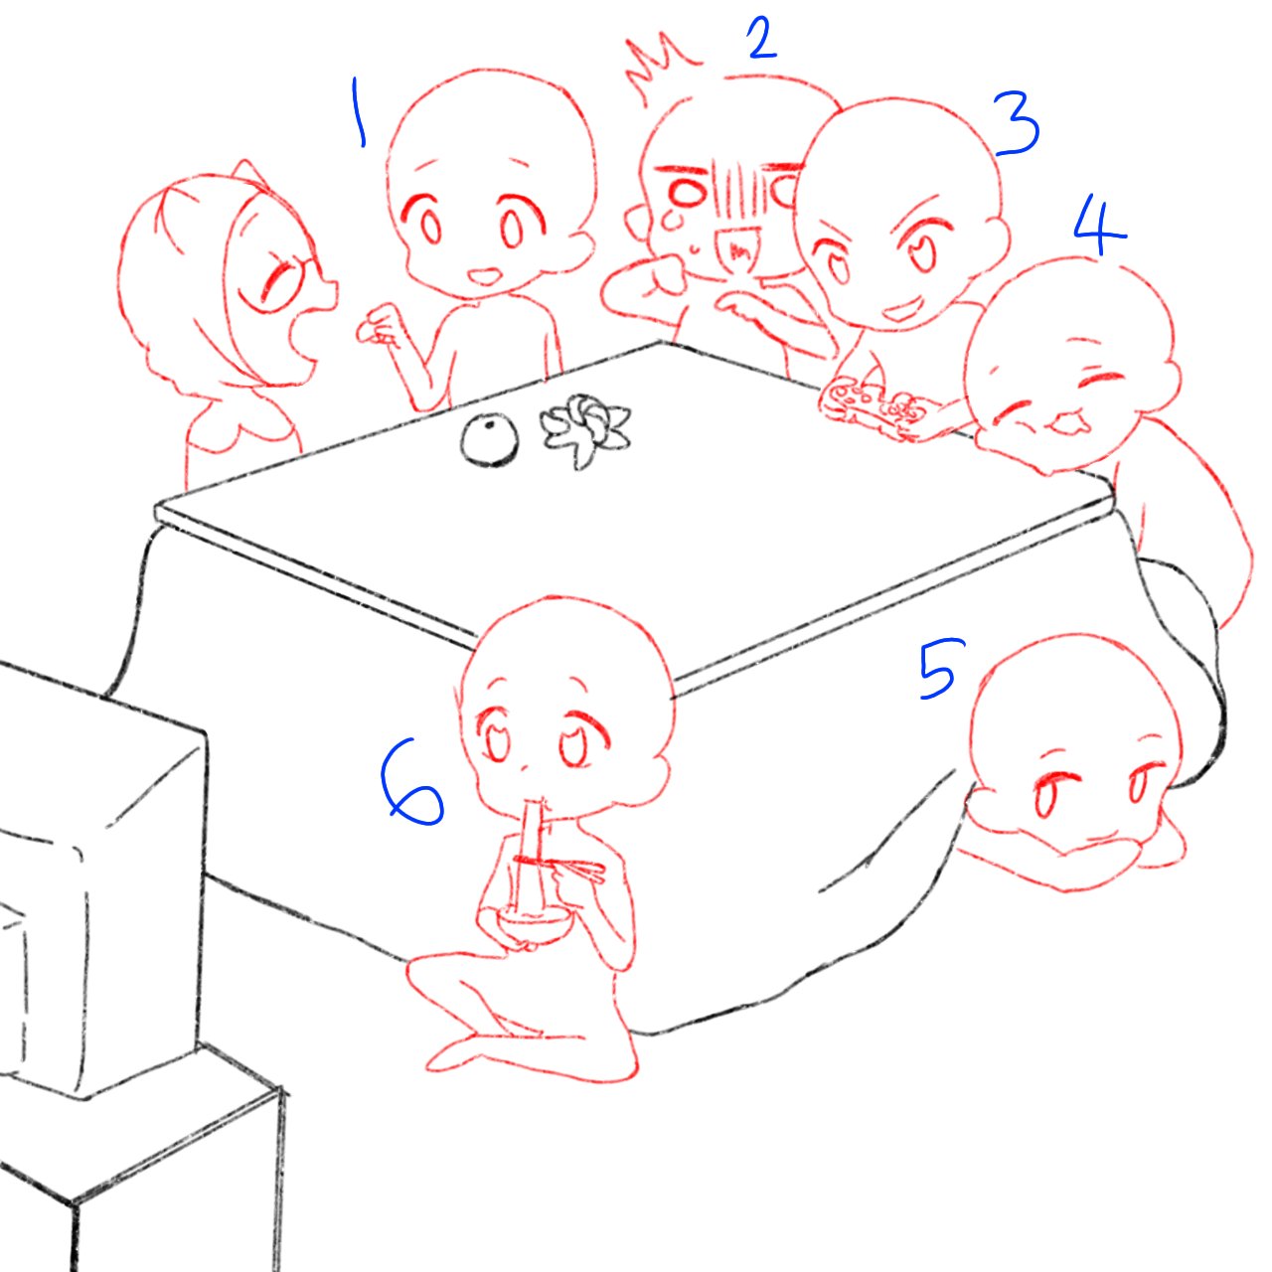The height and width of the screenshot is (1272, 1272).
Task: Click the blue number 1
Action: pyautogui.click(x=357, y=113)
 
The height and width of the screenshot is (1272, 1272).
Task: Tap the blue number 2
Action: pyautogui.click(x=761, y=40)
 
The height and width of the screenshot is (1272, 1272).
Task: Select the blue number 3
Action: pyautogui.click(x=1017, y=125)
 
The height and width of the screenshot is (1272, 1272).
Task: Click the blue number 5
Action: pyautogui.click(x=936, y=668)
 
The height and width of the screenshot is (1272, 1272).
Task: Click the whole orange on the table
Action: pyautogui.click(x=489, y=440)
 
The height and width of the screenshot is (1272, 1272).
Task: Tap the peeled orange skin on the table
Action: pyautogui.click(x=582, y=428)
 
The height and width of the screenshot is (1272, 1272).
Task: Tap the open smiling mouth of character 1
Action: pyautogui.click(x=487, y=273)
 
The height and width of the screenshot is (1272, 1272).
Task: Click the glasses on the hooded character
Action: pyautogui.click(x=293, y=278)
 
